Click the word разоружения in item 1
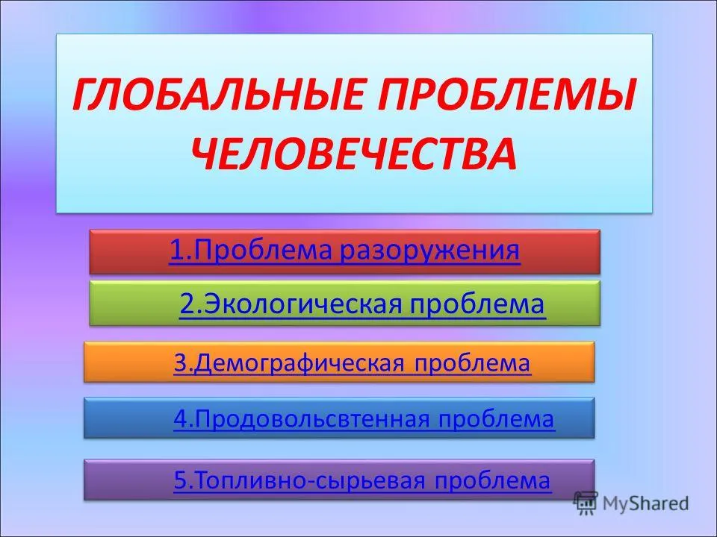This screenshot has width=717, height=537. (x=430, y=251)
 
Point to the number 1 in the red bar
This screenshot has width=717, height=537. (x=176, y=251)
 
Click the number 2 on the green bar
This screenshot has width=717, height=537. (x=187, y=304)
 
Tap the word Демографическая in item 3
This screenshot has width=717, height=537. (x=299, y=363)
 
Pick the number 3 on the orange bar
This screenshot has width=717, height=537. (x=180, y=363)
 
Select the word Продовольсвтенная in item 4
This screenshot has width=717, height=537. (x=313, y=418)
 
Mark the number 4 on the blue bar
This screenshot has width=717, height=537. (x=181, y=418)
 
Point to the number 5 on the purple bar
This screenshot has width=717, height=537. (x=180, y=480)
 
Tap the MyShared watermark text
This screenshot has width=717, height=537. (x=645, y=503)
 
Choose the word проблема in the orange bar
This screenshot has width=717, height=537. (x=472, y=364)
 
